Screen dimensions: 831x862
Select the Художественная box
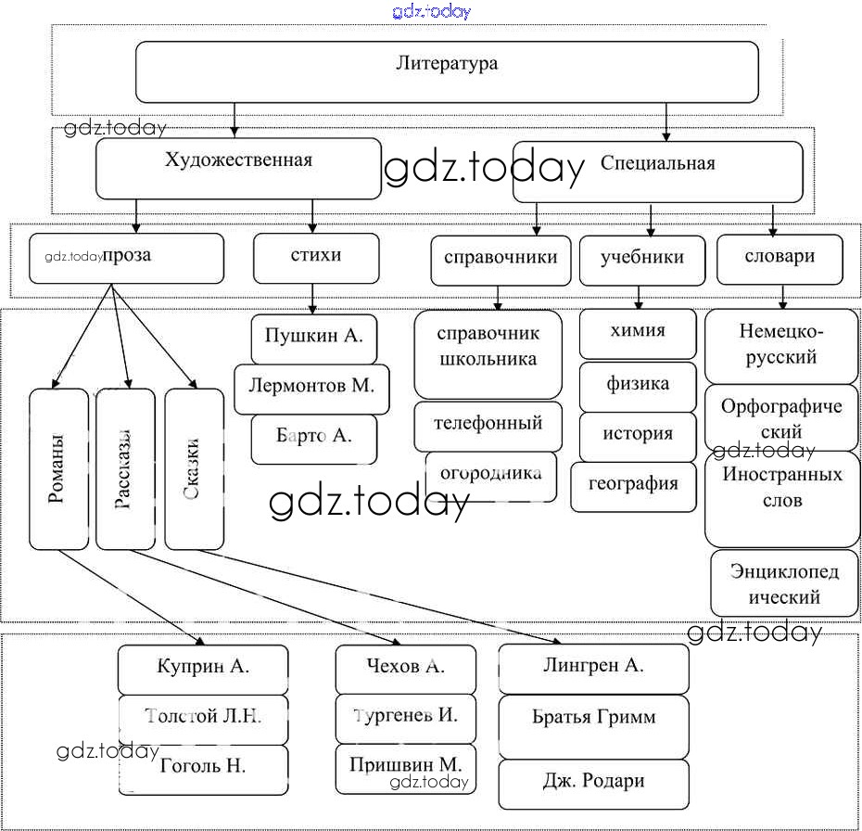(238, 168)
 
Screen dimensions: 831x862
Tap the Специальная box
(657, 171)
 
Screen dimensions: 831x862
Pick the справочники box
(501, 260)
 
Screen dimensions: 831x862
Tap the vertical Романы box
(57, 468)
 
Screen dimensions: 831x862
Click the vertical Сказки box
(194, 468)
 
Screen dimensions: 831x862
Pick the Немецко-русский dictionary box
(781, 345)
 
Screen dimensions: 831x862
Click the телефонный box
(488, 426)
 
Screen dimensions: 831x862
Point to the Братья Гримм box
(593, 719)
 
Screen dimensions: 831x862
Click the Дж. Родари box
(593, 783)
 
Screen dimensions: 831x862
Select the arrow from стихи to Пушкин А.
(313, 298)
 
